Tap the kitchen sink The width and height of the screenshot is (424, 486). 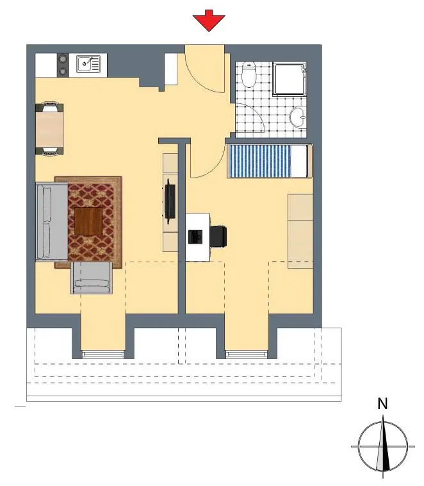pos(88,64)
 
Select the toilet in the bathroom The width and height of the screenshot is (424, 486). pos(249,74)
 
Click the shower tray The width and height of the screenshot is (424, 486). pos(289,79)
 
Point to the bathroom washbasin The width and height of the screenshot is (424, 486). pos(298,117)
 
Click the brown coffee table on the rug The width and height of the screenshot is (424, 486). pos(88,221)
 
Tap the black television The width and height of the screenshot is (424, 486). pos(170,201)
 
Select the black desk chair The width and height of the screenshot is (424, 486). pos(218,237)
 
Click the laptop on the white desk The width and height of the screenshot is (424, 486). pos(195,237)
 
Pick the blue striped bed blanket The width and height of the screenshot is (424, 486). pos(259,161)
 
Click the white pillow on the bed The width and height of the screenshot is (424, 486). pos(298,161)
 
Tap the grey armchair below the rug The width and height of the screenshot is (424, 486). pos(92,278)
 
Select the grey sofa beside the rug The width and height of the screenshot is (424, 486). pos(51,222)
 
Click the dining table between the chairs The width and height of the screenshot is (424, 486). pos(49,130)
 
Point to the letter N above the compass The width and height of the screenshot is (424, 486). pos(383,403)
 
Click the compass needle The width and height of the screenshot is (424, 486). pos(383,445)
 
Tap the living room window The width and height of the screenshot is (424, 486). pos(103,355)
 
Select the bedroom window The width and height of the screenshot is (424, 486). pos(247,355)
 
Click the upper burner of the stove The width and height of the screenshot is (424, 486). pos(63,58)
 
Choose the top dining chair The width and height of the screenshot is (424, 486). pos(49,106)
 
